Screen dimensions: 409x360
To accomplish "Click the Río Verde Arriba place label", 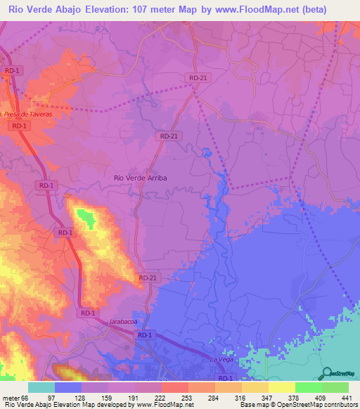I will click(x=141, y=178).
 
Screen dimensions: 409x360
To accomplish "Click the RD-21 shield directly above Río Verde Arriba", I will click(x=169, y=136).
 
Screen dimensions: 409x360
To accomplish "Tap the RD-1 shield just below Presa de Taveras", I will click(x=19, y=125).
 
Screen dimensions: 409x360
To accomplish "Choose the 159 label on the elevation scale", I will click(x=108, y=398).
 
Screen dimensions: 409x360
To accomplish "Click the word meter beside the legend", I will click(x=11, y=398).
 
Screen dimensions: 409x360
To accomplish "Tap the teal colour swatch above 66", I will click(x=41, y=387).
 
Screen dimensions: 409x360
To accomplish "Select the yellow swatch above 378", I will click(x=282, y=387).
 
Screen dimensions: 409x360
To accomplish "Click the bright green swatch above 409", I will click(x=309, y=387).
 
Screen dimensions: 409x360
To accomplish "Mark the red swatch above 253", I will click(x=175, y=387).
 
